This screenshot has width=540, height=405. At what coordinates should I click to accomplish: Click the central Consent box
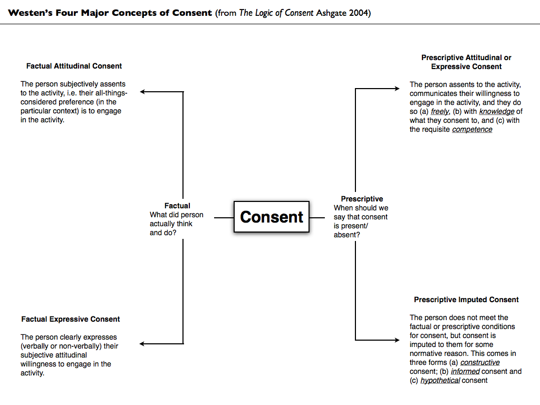(272, 217)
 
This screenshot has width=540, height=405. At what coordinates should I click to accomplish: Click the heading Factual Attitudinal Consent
(74, 66)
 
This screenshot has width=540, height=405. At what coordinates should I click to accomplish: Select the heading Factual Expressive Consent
(71, 319)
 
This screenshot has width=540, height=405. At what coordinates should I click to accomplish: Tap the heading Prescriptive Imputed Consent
(466, 300)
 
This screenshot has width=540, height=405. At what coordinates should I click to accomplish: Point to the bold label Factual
(177, 206)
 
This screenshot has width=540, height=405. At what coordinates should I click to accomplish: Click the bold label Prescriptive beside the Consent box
(362, 199)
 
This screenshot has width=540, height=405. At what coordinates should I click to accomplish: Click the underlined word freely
(440, 111)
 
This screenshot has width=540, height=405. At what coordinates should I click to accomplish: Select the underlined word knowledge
(497, 111)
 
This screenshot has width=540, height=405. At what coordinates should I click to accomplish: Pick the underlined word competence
(472, 129)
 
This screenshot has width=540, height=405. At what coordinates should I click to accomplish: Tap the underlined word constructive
(480, 362)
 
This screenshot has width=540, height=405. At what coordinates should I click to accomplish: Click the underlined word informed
(465, 371)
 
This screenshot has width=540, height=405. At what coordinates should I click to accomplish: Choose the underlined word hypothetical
(440, 380)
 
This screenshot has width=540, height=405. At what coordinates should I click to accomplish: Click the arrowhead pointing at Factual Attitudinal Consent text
(143, 92)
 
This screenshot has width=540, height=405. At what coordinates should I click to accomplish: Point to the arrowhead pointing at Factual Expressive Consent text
(143, 344)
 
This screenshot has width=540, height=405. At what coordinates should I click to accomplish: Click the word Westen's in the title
(30, 13)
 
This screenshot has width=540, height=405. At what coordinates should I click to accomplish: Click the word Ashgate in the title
(332, 13)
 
